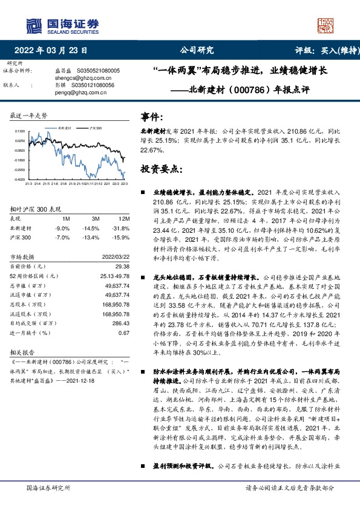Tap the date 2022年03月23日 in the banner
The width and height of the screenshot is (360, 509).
(x=54, y=51)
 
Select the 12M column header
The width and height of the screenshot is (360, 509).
(x=125, y=218)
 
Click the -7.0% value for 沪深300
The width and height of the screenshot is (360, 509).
(x=62, y=238)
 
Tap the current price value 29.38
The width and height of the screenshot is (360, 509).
(x=123, y=266)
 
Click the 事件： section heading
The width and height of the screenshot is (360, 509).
(x=152, y=115)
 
